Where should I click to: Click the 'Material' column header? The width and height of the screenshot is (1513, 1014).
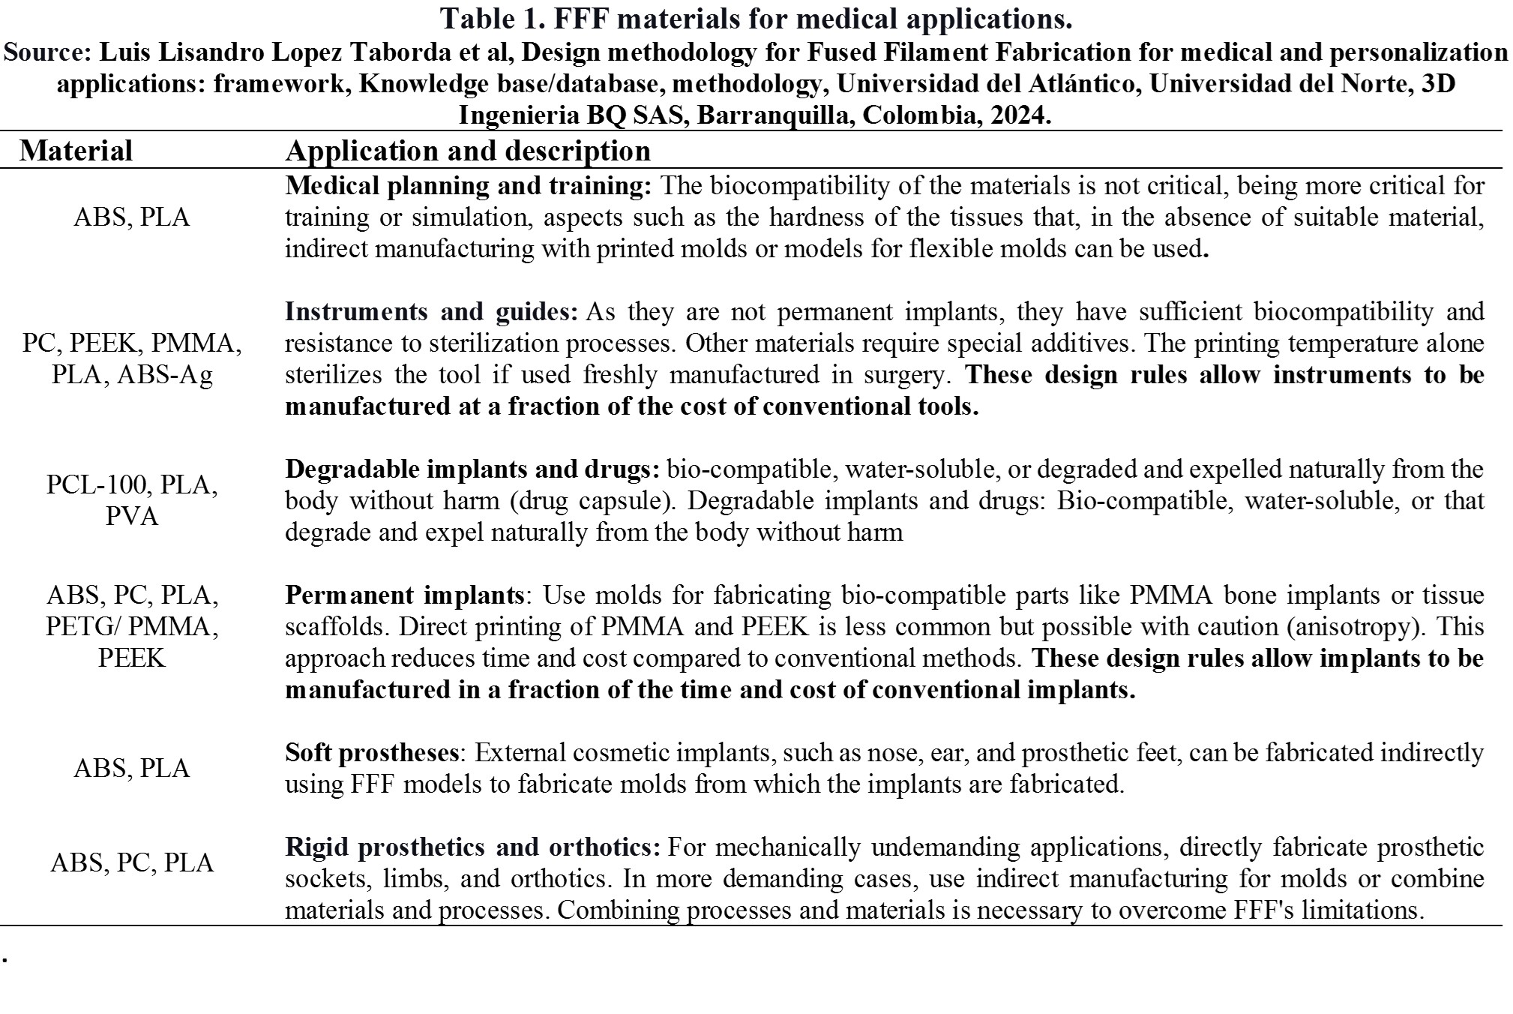coord(76,151)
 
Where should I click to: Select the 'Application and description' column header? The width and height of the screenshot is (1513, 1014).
coord(467,151)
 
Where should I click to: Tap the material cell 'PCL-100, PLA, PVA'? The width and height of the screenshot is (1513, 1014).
coord(132,500)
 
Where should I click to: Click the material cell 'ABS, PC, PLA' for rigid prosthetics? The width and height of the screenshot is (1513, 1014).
coord(132,862)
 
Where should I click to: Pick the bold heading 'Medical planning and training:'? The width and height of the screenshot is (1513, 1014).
coord(469,185)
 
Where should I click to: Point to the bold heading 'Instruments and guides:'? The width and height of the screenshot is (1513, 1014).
coord(431,311)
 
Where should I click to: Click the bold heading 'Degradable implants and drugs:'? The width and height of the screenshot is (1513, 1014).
coord(472,469)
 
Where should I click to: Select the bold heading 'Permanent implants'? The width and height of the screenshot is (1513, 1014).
coord(404,595)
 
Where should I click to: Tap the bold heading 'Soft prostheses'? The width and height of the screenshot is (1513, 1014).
coord(372,753)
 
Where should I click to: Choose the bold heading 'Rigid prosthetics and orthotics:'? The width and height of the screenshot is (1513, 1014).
coord(472,847)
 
